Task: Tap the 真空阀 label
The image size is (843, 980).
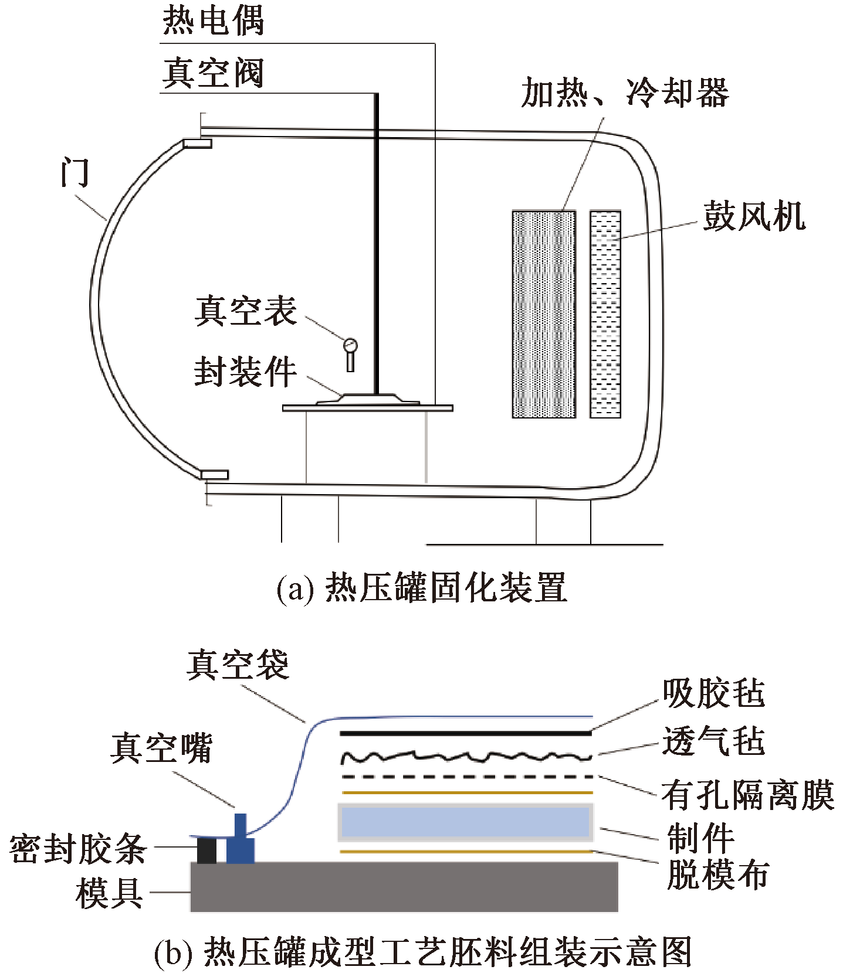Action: coord(213,73)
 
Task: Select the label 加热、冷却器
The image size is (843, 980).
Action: coord(625,93)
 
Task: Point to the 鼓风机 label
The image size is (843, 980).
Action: coord(754,216)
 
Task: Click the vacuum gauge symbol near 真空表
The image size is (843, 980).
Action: coord(350,346)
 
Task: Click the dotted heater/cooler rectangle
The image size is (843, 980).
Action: coord(544,314)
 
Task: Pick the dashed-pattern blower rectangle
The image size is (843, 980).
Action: coord(605,314)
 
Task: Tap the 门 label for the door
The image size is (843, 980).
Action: coord(75,173)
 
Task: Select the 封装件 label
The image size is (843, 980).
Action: coord(245,372)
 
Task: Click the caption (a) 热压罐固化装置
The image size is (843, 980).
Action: coord(421,588)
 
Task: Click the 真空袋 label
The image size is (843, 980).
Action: coord(238,665)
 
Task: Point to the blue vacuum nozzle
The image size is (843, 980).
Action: coord(241,841)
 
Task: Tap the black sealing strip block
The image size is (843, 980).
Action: coord(206,850)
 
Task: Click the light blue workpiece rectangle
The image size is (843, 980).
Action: coord(465,822)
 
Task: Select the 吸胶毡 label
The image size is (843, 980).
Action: coord(714,693)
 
